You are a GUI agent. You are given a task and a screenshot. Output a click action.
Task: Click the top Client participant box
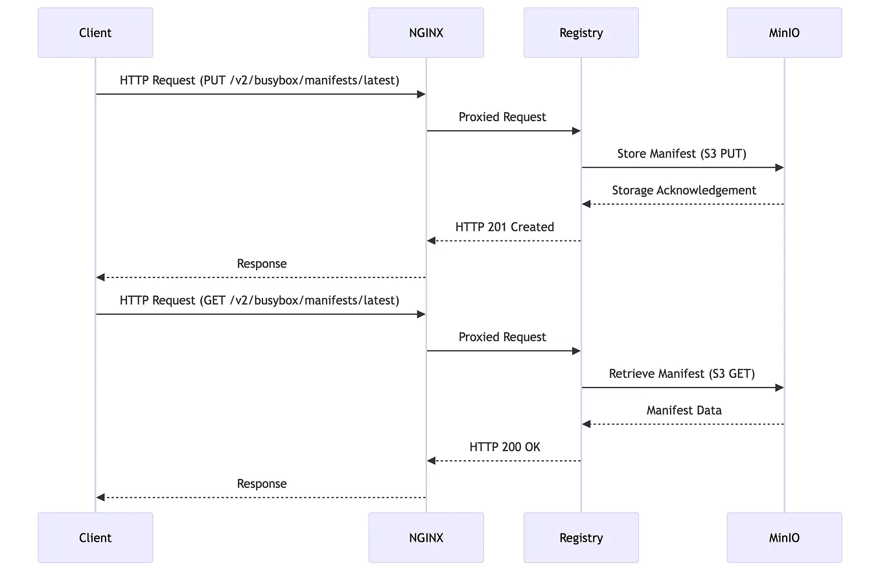pyautogui.click(x=95, y=32)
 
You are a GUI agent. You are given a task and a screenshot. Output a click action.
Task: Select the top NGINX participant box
pyautogui.click(x=426, y=32)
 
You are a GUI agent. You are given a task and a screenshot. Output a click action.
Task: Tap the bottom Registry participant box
pyautogui.click(x=581, y=537)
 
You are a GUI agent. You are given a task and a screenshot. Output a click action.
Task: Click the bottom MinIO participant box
pyautogui.click(x=784, y=537)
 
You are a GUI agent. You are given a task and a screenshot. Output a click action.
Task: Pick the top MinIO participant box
pyautogui.click(x=784, y=32)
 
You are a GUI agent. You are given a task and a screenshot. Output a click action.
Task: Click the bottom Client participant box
pyautogui.click(x=95, y=537)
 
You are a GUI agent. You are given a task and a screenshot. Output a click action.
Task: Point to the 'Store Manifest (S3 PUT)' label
pyautogui.click(x=682, y=154)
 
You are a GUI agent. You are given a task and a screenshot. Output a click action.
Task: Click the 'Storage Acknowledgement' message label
pyautogui.click(x=684, y=190)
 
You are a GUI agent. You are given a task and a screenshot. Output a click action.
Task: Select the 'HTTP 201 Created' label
pyautogui.click(x=504, y=227)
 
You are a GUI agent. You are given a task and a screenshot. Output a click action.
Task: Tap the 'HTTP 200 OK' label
pyautogui.click(x=504, y=447)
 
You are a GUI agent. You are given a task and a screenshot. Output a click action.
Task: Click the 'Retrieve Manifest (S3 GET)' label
pyautogui.click(x=682, y=373)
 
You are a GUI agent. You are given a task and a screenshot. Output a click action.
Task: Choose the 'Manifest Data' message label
pyautogui.click(x=684, y=410)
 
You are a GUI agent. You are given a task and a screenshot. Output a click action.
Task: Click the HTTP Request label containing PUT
pyautogui.click(x=259, y=80)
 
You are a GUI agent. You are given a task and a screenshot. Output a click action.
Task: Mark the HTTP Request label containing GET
pyautogui.click(x=259, y=300)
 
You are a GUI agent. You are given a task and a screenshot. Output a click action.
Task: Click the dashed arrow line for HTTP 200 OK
pyautogui.click(x=505, y=460)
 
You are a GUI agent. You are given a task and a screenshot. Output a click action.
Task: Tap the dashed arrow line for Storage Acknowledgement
pyautogui.click(x=684, y=204)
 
